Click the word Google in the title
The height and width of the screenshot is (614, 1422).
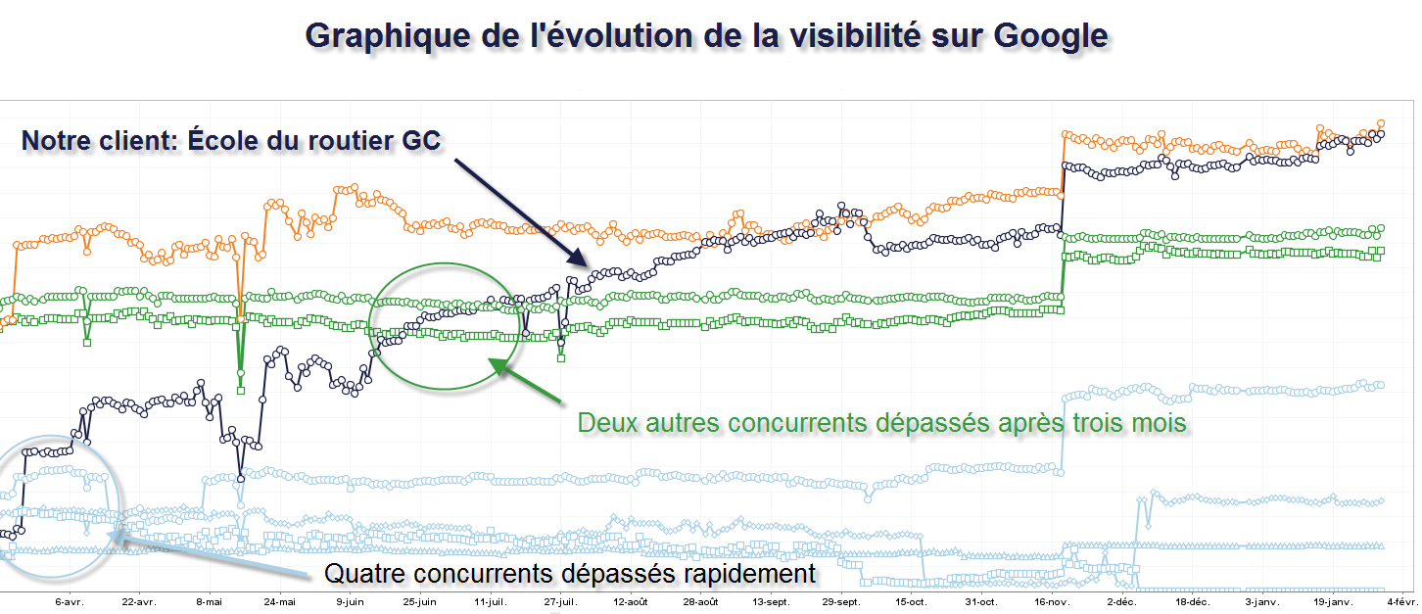point(1050,35)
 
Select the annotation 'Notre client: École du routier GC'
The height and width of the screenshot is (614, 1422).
point(231,141)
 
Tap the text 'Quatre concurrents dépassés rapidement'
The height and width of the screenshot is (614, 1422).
point(569,573)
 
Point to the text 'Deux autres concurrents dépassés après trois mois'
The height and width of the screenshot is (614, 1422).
point(882,423)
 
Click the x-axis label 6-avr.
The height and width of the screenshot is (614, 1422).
point(70,602)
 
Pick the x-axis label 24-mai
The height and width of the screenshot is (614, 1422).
point(280,602)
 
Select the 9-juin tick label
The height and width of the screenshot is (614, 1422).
point(350,602)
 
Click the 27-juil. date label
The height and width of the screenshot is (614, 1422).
point(561,602)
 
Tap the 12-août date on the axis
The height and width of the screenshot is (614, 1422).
point(631,602)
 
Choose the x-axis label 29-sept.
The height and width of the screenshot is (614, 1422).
point(841,602)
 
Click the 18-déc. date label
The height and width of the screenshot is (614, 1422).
point(1192,602)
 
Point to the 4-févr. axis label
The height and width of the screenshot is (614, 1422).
point(1400,602)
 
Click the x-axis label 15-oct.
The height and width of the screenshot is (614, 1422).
point(911,602)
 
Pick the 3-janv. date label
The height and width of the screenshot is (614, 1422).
point(1262,602)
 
